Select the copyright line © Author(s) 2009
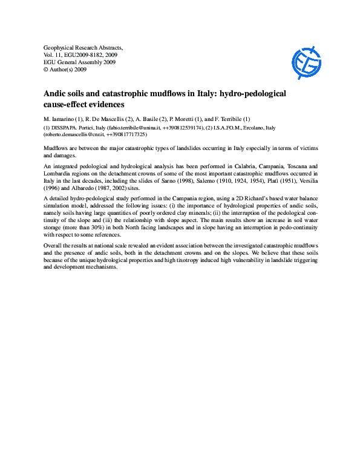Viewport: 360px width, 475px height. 65,70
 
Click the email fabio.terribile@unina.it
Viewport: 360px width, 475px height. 133,128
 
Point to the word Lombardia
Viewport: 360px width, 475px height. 59,172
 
